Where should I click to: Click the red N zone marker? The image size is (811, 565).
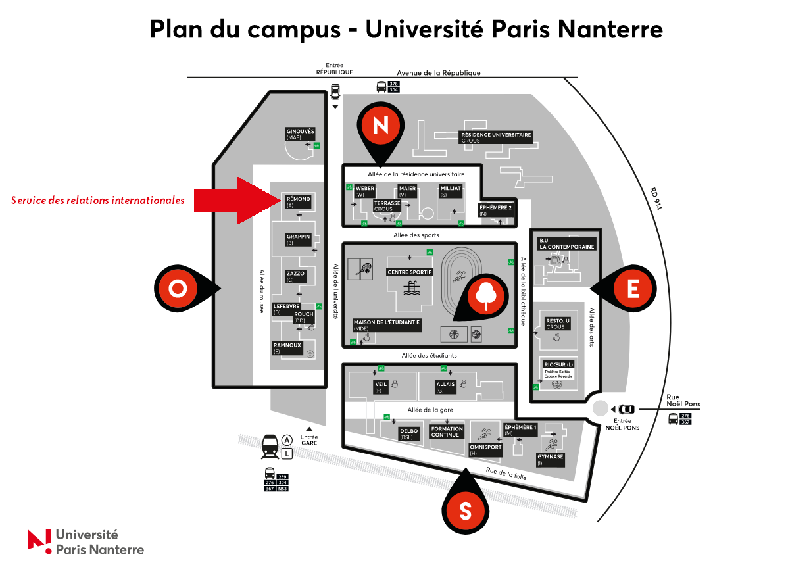pyautogui.click(x=381, y=126)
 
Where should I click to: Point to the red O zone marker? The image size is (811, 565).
pyautogui.click(x=178, y=288)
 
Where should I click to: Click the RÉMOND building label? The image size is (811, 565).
pyautogui.click(x=298, y=201)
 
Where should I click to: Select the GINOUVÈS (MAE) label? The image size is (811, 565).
pyautogui.click(x=300, y=134)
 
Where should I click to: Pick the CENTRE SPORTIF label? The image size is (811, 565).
pyautogui.click(x=409, y=272)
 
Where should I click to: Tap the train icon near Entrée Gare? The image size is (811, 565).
pyautogui.click(x=270, y=446)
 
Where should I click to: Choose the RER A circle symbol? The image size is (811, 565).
pyautogui.click(x=287, y=440)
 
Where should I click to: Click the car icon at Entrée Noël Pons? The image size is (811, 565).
pyautogui.click(x=626, y=409)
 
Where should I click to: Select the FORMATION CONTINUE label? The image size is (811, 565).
pyautogui.click(x=447, y=431)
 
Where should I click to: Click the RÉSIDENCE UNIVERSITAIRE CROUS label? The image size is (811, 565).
pyautogui.click(x=495, y=137)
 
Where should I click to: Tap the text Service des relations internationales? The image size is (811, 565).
pyautogui.click(x=98, y=200)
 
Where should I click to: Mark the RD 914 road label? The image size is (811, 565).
pyautogui.click(x=655, y=199)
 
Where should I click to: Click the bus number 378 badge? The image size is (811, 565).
pyautogui.click(x=394, y=84)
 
